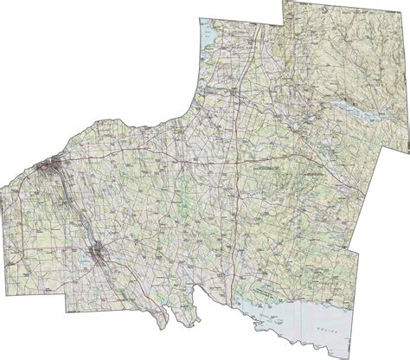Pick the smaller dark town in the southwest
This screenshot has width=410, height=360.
pyautogui.click(x=100, y=252)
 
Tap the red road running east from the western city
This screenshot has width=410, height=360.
pyautogui.click(x=130, y=161)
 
